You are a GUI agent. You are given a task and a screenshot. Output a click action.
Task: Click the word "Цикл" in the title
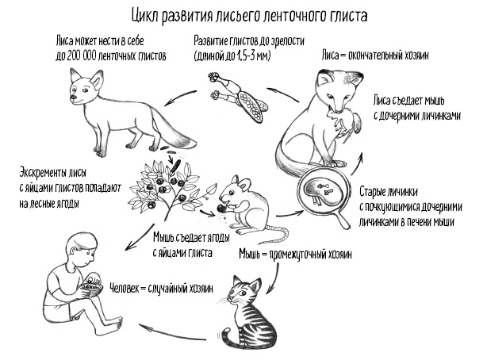146,13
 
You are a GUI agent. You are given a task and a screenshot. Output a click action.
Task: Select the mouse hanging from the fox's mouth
346,124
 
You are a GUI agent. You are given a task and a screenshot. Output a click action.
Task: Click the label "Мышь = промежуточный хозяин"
295,255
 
